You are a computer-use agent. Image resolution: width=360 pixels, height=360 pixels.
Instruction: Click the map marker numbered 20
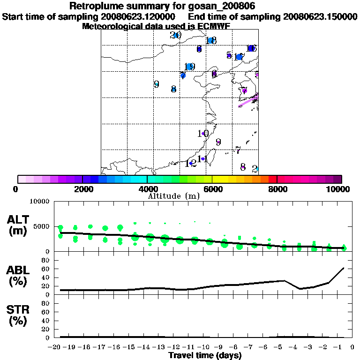[x=176, y=35]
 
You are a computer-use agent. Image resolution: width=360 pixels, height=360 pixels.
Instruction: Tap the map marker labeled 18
[x=211, y=41]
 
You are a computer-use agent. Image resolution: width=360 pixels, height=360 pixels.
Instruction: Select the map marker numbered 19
[x=189, y=67]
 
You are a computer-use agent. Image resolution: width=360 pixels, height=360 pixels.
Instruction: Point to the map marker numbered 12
[x=191, y=164]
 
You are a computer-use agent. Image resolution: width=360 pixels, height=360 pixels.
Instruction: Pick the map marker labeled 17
[x=239, y=57]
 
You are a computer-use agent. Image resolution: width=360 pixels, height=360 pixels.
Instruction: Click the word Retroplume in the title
[x=93, y=6]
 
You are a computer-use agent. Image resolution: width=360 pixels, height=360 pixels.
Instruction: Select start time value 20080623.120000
[x=139, y=16]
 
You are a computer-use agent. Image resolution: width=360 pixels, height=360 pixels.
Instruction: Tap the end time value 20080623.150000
[x=320, y=16]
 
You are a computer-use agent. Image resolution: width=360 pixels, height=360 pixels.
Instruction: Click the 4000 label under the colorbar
[x=147, y=189]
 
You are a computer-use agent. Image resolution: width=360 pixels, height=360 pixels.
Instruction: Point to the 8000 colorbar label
[x=277, y=189]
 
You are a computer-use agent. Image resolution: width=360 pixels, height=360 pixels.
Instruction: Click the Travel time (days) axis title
[x=205, y=355]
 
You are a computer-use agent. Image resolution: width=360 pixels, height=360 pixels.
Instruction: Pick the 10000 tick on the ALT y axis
[x=39, y=202]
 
